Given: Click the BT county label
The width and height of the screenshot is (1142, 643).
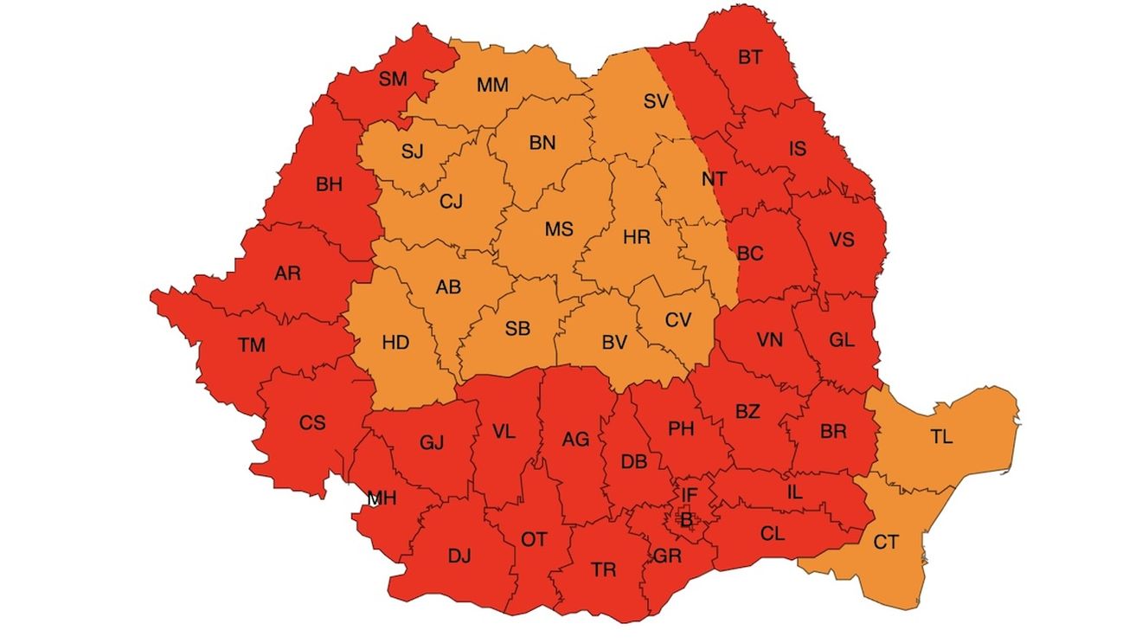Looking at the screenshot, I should point(750,58).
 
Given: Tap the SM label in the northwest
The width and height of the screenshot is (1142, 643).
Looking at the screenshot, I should point(393,80).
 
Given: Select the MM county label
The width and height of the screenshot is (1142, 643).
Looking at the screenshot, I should point(492,85).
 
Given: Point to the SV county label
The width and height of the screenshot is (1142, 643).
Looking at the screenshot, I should point(657,101).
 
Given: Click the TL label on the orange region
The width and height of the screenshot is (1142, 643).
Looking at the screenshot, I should point(942,437).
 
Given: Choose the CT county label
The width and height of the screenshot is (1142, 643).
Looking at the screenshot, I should point(886,543).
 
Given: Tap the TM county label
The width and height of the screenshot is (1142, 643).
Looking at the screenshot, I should point(252,345).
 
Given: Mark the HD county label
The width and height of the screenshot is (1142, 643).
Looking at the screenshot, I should point(395,343).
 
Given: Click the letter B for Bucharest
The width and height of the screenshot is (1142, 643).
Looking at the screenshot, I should point(687,520).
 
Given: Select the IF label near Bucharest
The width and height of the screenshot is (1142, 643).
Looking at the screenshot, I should point(689,495).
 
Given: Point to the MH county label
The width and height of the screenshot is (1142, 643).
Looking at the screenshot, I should point(382,498).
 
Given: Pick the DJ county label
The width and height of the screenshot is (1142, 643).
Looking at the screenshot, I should point(459,556).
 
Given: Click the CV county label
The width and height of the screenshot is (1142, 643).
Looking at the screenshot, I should point(678,320).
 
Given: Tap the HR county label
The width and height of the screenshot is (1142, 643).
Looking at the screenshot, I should point(636,236).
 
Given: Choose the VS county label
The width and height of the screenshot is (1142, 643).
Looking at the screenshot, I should point(842,240).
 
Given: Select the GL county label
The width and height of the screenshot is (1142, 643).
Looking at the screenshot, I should point(841,340).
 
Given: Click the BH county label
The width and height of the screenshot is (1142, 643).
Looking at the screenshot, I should point(329,184).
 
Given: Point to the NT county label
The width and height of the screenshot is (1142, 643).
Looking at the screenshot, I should point(715,179).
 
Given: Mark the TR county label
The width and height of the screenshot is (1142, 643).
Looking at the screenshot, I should point(604,569).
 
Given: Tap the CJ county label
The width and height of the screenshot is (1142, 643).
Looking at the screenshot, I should point(451,202).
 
